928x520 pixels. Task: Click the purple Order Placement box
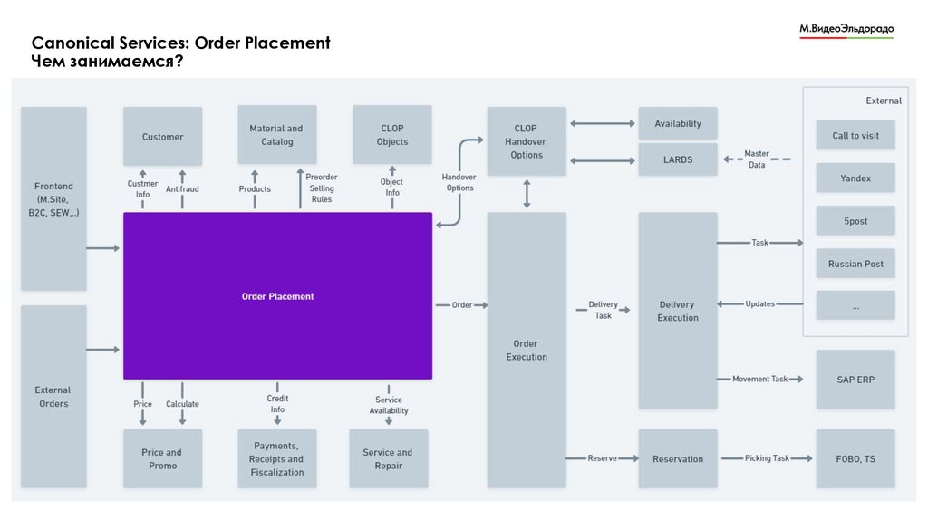(x=277, y=296)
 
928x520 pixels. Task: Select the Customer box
(x=162, y=137)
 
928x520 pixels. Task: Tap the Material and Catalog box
(x=276, y=135)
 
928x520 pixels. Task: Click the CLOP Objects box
(x=391, y=135)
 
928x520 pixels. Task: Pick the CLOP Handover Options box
(x=526, y=141)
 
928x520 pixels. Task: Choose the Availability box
(x=677, y=124)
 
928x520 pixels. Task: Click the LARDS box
(x=677, y=159)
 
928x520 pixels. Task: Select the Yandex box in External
(x=855, y=178)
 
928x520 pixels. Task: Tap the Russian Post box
(x=855, y=264)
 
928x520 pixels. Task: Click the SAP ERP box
(x=855, y=380)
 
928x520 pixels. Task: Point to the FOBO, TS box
(x=855, y=459)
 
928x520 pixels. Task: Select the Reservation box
(x=677, y=459)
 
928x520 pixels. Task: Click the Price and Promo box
(x=162, y=459)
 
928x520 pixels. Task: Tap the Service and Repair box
(x=388, y=459)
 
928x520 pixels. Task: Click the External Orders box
(x=53, y=397)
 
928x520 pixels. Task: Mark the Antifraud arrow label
(x=182, y=189)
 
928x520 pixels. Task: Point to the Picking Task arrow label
(x=767, y=459)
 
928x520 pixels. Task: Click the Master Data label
(x=756, y=159)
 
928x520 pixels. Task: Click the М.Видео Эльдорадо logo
(x=846, y=30)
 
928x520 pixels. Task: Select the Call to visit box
(x=855, y=136)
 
